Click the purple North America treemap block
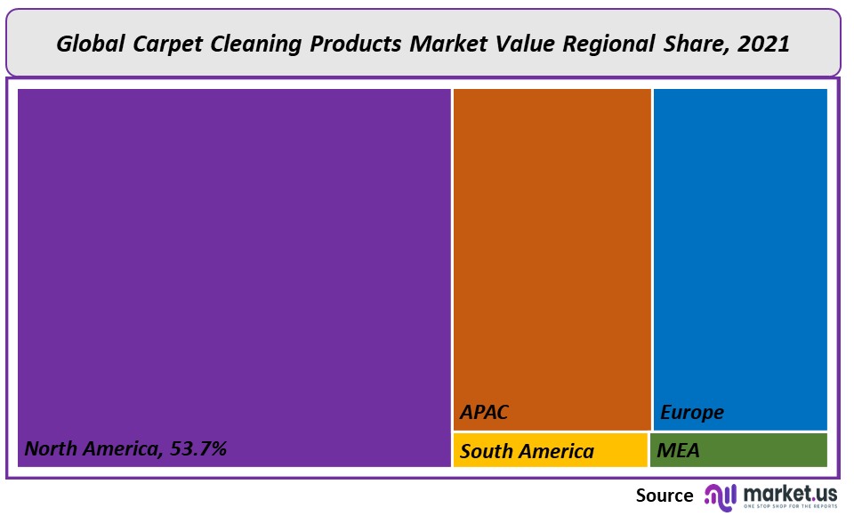[234, 267]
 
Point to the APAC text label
[485, 413]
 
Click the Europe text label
[692, 413]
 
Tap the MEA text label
[678, 451]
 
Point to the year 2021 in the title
[764, 44]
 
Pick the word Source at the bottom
[665, 496]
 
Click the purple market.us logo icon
[721, 496]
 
